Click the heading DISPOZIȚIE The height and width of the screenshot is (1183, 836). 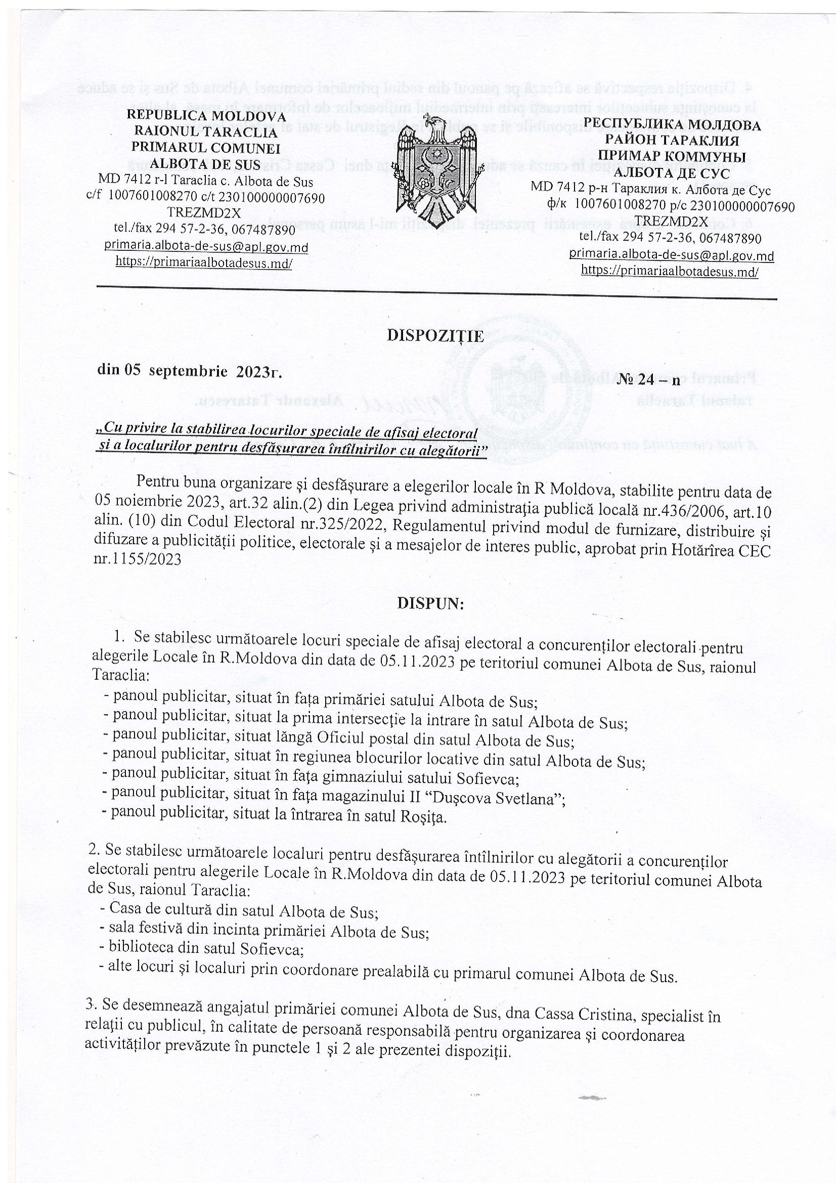click(435, 336)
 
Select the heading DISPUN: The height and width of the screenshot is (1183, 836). click(430, 604)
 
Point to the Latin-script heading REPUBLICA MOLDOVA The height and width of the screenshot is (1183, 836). click(206, 116)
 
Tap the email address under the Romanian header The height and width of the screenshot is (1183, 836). click(206, 247)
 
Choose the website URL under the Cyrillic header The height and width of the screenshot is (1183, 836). click(670, 271)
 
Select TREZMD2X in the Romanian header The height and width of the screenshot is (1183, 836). click(204, 212)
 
